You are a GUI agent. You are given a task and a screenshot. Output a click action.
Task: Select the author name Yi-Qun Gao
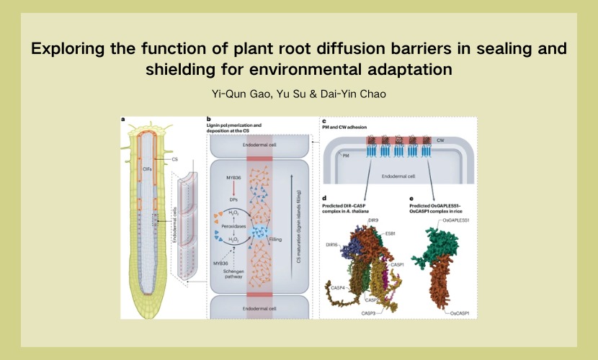241,94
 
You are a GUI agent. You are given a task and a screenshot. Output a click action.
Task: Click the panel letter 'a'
123,120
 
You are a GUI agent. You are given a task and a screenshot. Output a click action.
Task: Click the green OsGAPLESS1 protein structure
434,240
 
